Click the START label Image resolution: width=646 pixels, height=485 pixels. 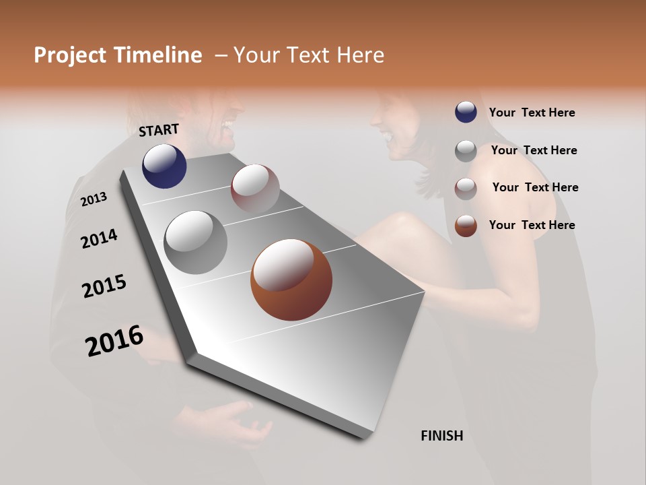[159, 130]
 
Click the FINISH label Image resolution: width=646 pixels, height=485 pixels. [441, 436]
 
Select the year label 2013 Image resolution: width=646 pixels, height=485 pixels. [94, 199]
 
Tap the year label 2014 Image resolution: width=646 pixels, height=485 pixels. [99, 239]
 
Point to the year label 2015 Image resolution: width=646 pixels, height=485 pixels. [104, 286]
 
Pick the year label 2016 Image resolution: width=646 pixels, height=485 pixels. [114, 341]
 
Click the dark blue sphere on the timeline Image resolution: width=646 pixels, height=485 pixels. [164, 166]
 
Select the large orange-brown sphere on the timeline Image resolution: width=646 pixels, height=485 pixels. [291, 280]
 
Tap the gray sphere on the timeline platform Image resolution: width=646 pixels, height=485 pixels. [196, 243]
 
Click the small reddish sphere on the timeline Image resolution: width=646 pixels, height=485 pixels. [255, 189]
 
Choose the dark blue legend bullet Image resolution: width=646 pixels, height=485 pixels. [466, 112]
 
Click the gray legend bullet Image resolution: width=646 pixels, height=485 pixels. [466, 151]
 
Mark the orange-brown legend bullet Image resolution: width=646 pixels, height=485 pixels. [466, 226]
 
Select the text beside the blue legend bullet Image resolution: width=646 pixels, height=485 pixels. [532, 112]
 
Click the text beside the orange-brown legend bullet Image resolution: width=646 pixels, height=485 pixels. [532, 225]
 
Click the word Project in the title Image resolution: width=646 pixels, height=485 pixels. [70, 55]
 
